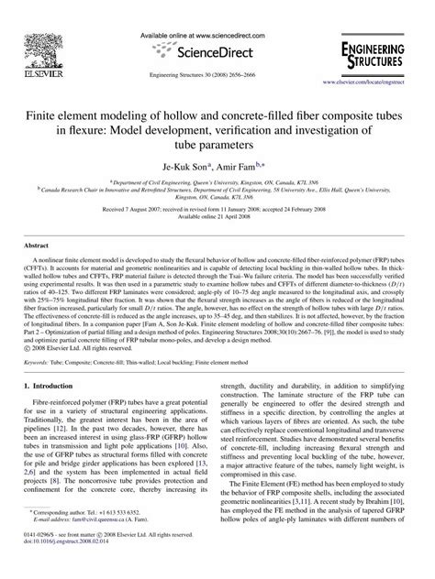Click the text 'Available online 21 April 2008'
[217, 221]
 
